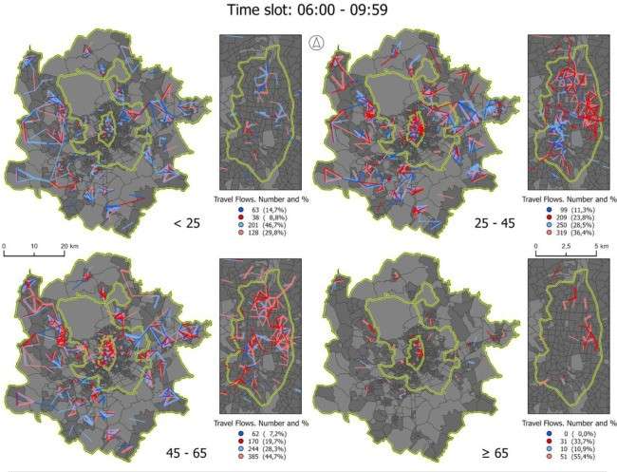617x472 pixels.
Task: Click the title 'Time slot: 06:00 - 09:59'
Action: (x=308, y=12)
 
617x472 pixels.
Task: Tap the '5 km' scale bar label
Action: (x=600, y=245)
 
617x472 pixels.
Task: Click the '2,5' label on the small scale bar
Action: (x=568, y=245)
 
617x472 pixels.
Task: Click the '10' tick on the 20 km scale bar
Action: (x=34, y=245)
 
